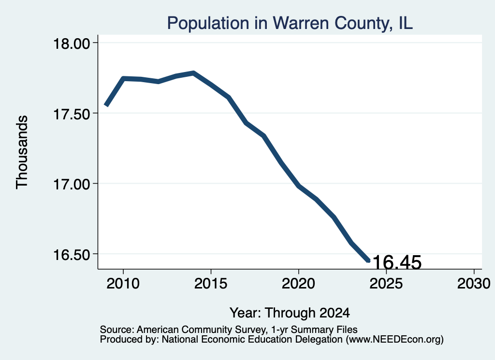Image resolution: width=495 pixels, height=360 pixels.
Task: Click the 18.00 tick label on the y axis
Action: coord(72,43)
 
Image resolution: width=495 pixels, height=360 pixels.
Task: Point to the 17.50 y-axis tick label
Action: coord(72,114)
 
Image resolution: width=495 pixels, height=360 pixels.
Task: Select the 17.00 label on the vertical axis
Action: coord(72,184)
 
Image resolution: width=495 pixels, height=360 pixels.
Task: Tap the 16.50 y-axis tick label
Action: coord(72,254)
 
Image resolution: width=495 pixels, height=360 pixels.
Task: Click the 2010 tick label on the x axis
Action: coord(123,283)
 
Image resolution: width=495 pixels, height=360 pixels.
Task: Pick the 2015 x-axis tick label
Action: coord(211,283)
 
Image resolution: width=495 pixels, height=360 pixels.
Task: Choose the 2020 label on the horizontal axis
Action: coord(298,283)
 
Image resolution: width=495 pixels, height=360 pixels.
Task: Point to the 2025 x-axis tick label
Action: coord(386,283)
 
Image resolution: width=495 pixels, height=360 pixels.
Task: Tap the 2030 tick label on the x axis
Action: coord(474,283)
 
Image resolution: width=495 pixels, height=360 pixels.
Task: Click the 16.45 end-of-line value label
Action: coord(397,262)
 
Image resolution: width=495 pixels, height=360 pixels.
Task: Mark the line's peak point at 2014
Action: coord(193,73)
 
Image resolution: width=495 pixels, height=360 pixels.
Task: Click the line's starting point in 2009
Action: coord(106,106)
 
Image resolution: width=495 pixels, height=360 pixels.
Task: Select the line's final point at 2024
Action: coord(368,261)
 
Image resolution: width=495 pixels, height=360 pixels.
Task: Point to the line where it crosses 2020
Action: coord(298,186)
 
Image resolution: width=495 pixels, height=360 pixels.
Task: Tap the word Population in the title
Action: coord(208,23)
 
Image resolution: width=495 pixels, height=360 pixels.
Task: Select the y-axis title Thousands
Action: coord(22,152)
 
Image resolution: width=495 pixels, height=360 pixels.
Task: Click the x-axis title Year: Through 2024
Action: coord(290,313)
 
